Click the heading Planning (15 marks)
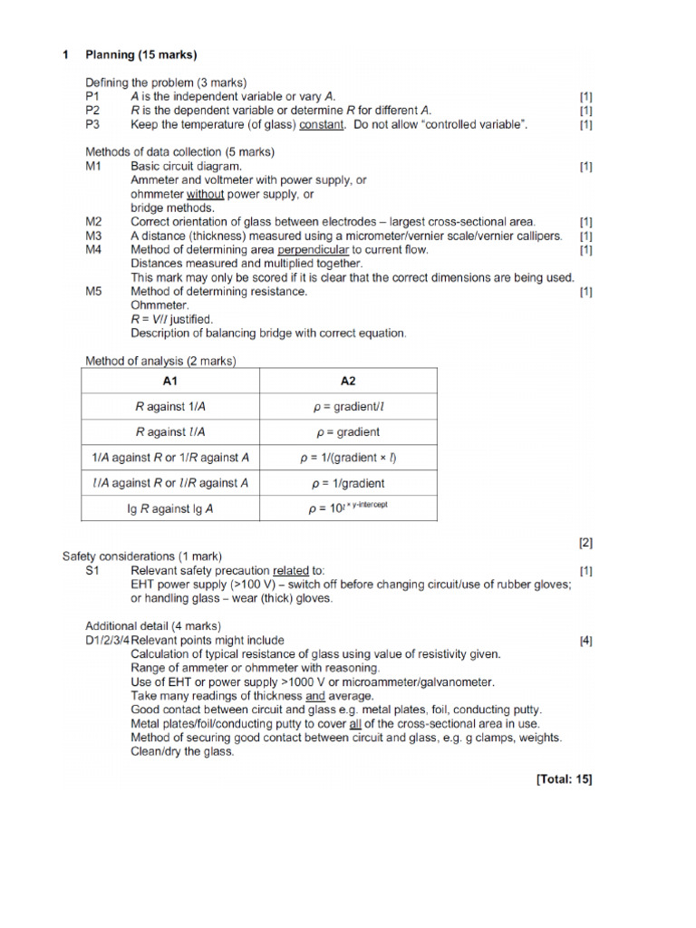pos(140,55)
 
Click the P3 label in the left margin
pos(93,124)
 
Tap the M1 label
pos(94,167)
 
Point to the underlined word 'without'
pos(208,194)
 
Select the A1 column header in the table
pos(170,381)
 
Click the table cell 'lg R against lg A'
pos(170,508)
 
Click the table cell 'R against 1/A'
pos(170,407)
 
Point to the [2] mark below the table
pos(585,543)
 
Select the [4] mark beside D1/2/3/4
pos(585,640)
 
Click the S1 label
pos(93,571)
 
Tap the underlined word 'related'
pos(290,571)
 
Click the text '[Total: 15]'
pos(564,778)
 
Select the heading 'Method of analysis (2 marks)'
pos(160,361)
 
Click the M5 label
pos(94,292)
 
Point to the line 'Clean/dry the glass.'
pos(182,751)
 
